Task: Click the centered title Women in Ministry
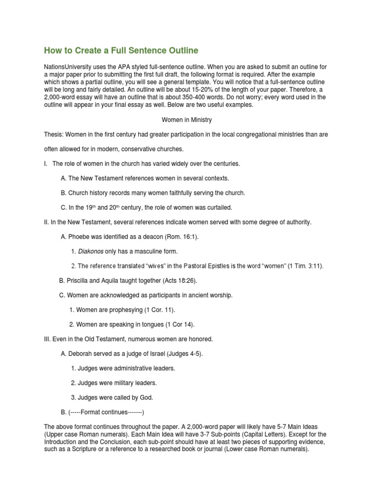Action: pyautogui.click(x=187, y=119)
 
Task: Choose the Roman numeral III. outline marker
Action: pyautogui.click(x=48, y=339)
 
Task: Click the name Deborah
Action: pyautogui.click(x=80, y=354)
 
